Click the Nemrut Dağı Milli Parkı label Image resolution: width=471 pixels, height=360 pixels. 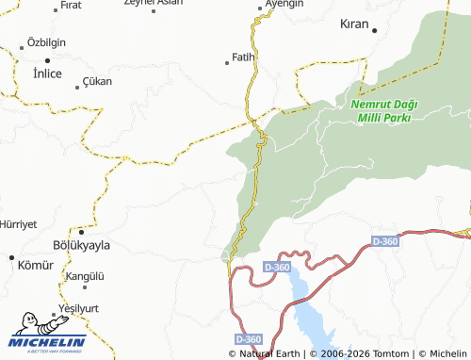(383, 110)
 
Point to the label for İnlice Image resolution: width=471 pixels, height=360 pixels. (47, 73)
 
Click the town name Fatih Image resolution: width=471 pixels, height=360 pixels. (244, 57)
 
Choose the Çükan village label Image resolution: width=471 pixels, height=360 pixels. (98, 82)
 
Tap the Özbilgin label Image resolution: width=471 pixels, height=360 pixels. (46, 43)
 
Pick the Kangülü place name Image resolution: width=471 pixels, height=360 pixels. (85, 276)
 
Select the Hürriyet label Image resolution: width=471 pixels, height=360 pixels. (18, 224)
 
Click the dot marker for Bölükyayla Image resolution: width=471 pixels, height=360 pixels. (81, 231)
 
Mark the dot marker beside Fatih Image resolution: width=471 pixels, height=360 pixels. (227, 63)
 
